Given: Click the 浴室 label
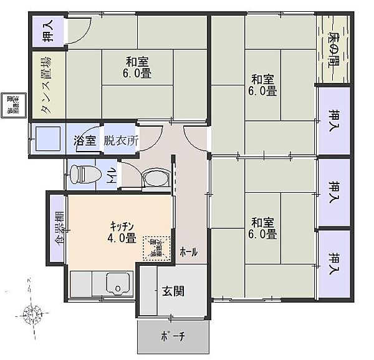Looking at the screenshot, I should coord(85,140).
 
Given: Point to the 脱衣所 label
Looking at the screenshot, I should coord(121,140).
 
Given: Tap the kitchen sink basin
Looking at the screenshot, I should coord(117,285).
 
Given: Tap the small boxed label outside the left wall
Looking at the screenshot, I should coord(12,102).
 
